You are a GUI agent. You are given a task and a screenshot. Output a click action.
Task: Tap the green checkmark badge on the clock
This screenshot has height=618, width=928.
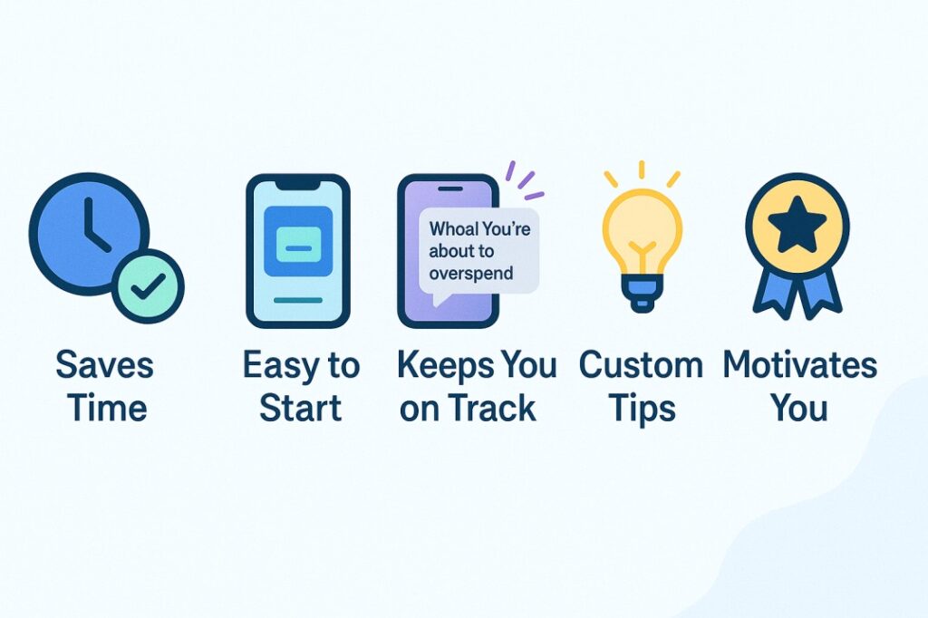(148, 286)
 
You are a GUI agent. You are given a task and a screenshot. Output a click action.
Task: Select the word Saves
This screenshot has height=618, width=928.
(105, 364)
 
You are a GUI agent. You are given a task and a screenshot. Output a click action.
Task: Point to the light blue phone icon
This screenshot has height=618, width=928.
(297, 251)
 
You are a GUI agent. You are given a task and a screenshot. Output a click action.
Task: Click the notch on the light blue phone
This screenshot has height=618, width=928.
(298, 184)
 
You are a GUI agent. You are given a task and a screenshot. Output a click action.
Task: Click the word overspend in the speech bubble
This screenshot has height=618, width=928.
(471, 274)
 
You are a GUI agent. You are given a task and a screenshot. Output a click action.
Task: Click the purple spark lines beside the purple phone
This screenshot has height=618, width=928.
(523, 179)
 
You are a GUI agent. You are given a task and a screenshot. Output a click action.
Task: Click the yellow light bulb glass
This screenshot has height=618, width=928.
(643, 231)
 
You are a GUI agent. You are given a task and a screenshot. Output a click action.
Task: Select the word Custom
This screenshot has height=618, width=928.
(641, 364)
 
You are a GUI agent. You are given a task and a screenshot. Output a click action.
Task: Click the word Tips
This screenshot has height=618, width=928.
(643, 409)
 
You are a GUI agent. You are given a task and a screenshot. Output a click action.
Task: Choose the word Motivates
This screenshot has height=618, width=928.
(799, 364)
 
